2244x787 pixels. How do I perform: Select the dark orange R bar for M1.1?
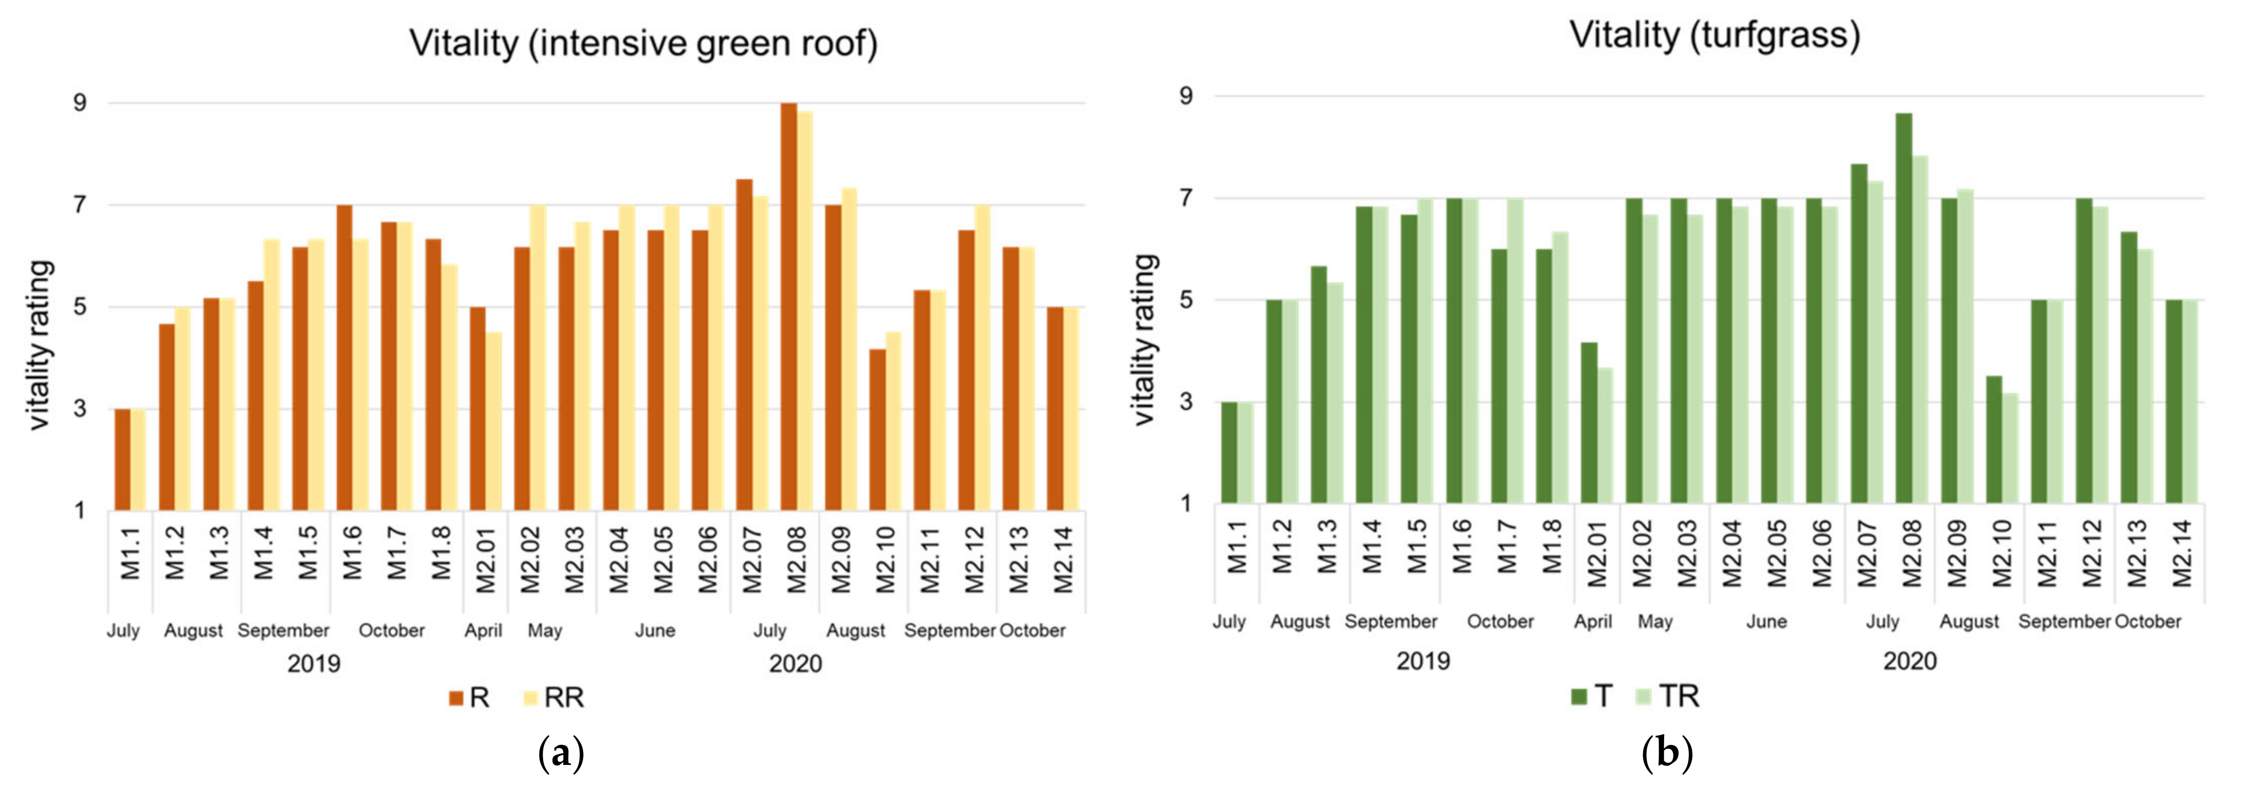123,460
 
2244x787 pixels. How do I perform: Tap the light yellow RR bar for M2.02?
537,357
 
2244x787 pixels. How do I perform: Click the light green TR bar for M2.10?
2010,448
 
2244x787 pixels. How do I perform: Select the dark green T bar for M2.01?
1590,422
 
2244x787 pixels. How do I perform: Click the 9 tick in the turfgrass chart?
1186,96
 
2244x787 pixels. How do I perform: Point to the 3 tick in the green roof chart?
80,408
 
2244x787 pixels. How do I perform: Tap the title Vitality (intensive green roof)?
643,43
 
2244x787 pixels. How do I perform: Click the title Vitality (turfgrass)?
1714,35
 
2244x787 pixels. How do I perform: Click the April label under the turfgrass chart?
1592,622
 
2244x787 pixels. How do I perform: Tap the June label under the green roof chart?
654,630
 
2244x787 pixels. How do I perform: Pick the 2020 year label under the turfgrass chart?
1910,661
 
